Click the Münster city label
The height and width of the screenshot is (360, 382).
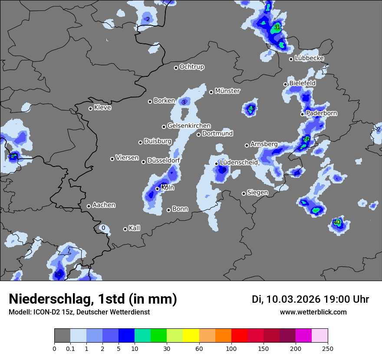point(227,91)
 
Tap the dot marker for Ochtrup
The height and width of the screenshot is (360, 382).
point(176,68)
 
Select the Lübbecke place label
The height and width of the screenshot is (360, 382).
point(309,58)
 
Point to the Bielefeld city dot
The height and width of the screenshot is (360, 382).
point(286,84)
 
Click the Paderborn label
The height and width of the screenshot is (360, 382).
point(321,113)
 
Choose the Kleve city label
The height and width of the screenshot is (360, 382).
point(102,108)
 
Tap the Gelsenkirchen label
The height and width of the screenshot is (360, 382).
point(189,126)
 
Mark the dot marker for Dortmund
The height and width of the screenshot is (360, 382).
point(199,134)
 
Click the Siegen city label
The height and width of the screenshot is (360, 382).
point(257,193)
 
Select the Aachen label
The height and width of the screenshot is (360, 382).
point(104,205)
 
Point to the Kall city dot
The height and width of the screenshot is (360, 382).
point(125,229)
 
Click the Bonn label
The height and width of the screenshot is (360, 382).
point(180,209)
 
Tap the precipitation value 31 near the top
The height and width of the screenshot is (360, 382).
point(277,27)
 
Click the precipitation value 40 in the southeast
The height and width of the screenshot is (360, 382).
point(337,223)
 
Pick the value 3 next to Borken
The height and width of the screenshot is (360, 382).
point(184,102)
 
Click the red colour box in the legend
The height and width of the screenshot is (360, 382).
point(239,335)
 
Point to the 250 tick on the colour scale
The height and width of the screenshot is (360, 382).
point(328,348)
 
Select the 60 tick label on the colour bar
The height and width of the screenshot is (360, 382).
point(199,348)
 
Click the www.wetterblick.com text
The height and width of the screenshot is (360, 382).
point(313,312)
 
